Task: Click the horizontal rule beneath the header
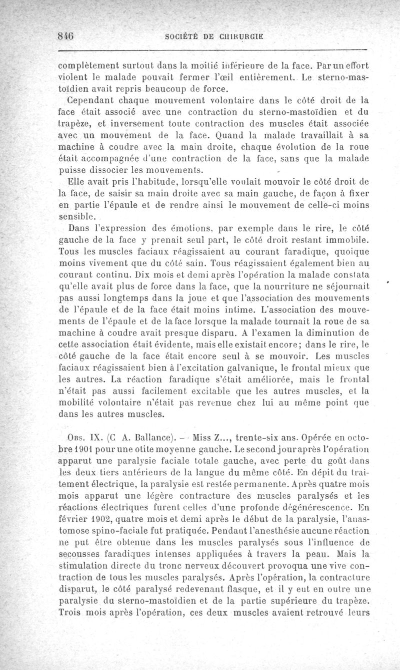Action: click(212, 50)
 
